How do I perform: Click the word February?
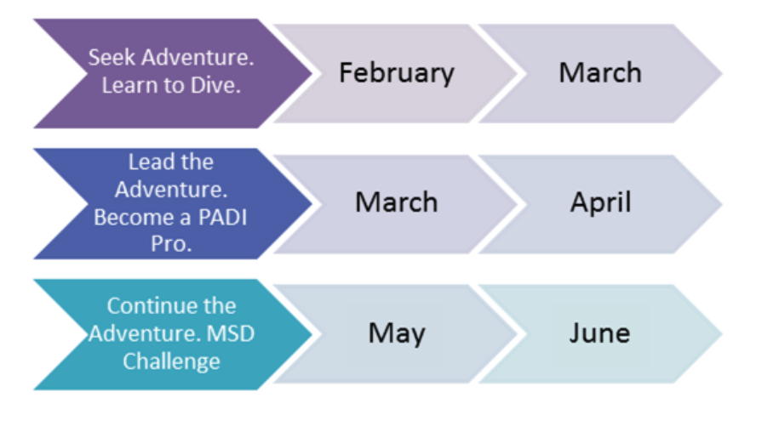tap(397, 73)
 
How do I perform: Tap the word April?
tap(601, 203)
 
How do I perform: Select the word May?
tap(397, 333)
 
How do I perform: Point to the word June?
tap(599, 333)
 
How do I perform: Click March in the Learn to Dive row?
tap(600, 72)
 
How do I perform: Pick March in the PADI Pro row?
tap(397, 202)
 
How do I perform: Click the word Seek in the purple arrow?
tap(112, 57)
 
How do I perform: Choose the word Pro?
tap(171, 243)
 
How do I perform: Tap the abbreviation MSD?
tap(230, 333)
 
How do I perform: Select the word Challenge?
tap(171, 361)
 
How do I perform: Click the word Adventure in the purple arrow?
tap(198, 57)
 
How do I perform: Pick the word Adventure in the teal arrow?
tap(145, 333)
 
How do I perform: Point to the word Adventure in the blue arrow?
tap(171, 190)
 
